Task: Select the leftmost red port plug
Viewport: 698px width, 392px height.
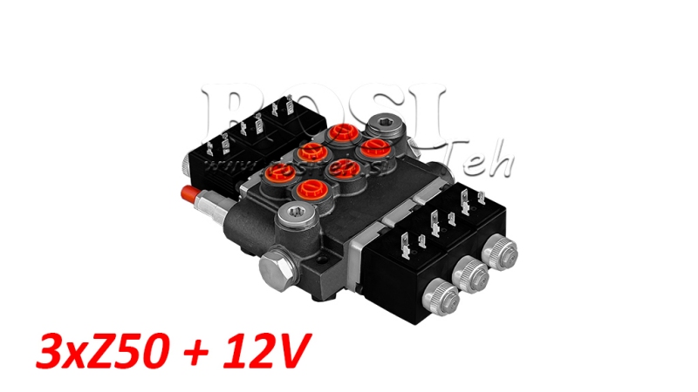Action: point(281,170)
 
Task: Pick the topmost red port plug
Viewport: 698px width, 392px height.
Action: point(342,133)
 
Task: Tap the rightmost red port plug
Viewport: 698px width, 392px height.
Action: point(375,145)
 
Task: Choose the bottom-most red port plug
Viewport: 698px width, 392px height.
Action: point(310,188)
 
